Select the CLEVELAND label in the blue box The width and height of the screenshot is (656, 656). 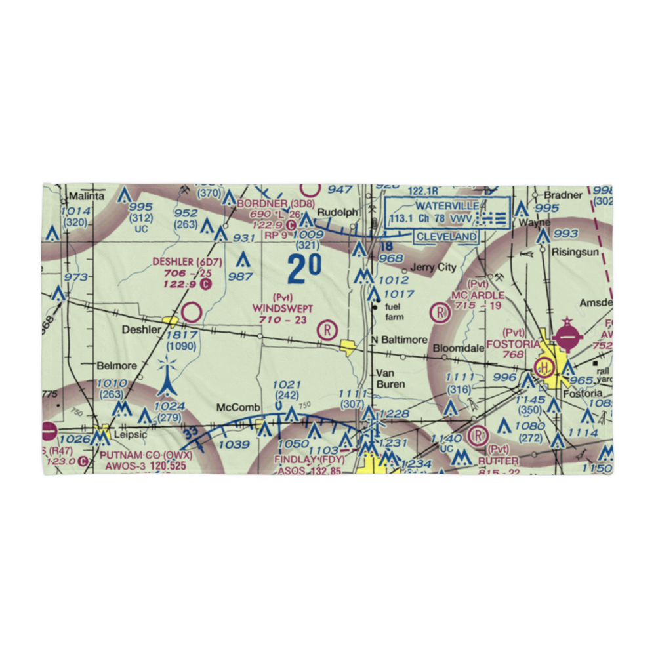[446, 236]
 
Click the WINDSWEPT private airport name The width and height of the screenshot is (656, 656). [283, 308]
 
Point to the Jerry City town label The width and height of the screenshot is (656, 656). [432, 268]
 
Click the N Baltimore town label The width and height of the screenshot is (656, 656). [398, 340]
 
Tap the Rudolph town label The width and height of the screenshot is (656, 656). [338, 213]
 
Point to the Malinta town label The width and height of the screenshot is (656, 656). [87, 196]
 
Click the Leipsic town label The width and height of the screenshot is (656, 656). [125, 434]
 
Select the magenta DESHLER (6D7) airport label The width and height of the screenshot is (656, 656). [188, 262]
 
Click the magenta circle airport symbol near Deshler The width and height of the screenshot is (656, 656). [192, 312]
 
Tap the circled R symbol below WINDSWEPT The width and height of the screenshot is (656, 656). [327, 329]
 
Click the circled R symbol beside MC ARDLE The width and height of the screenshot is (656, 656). [439, 312]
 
